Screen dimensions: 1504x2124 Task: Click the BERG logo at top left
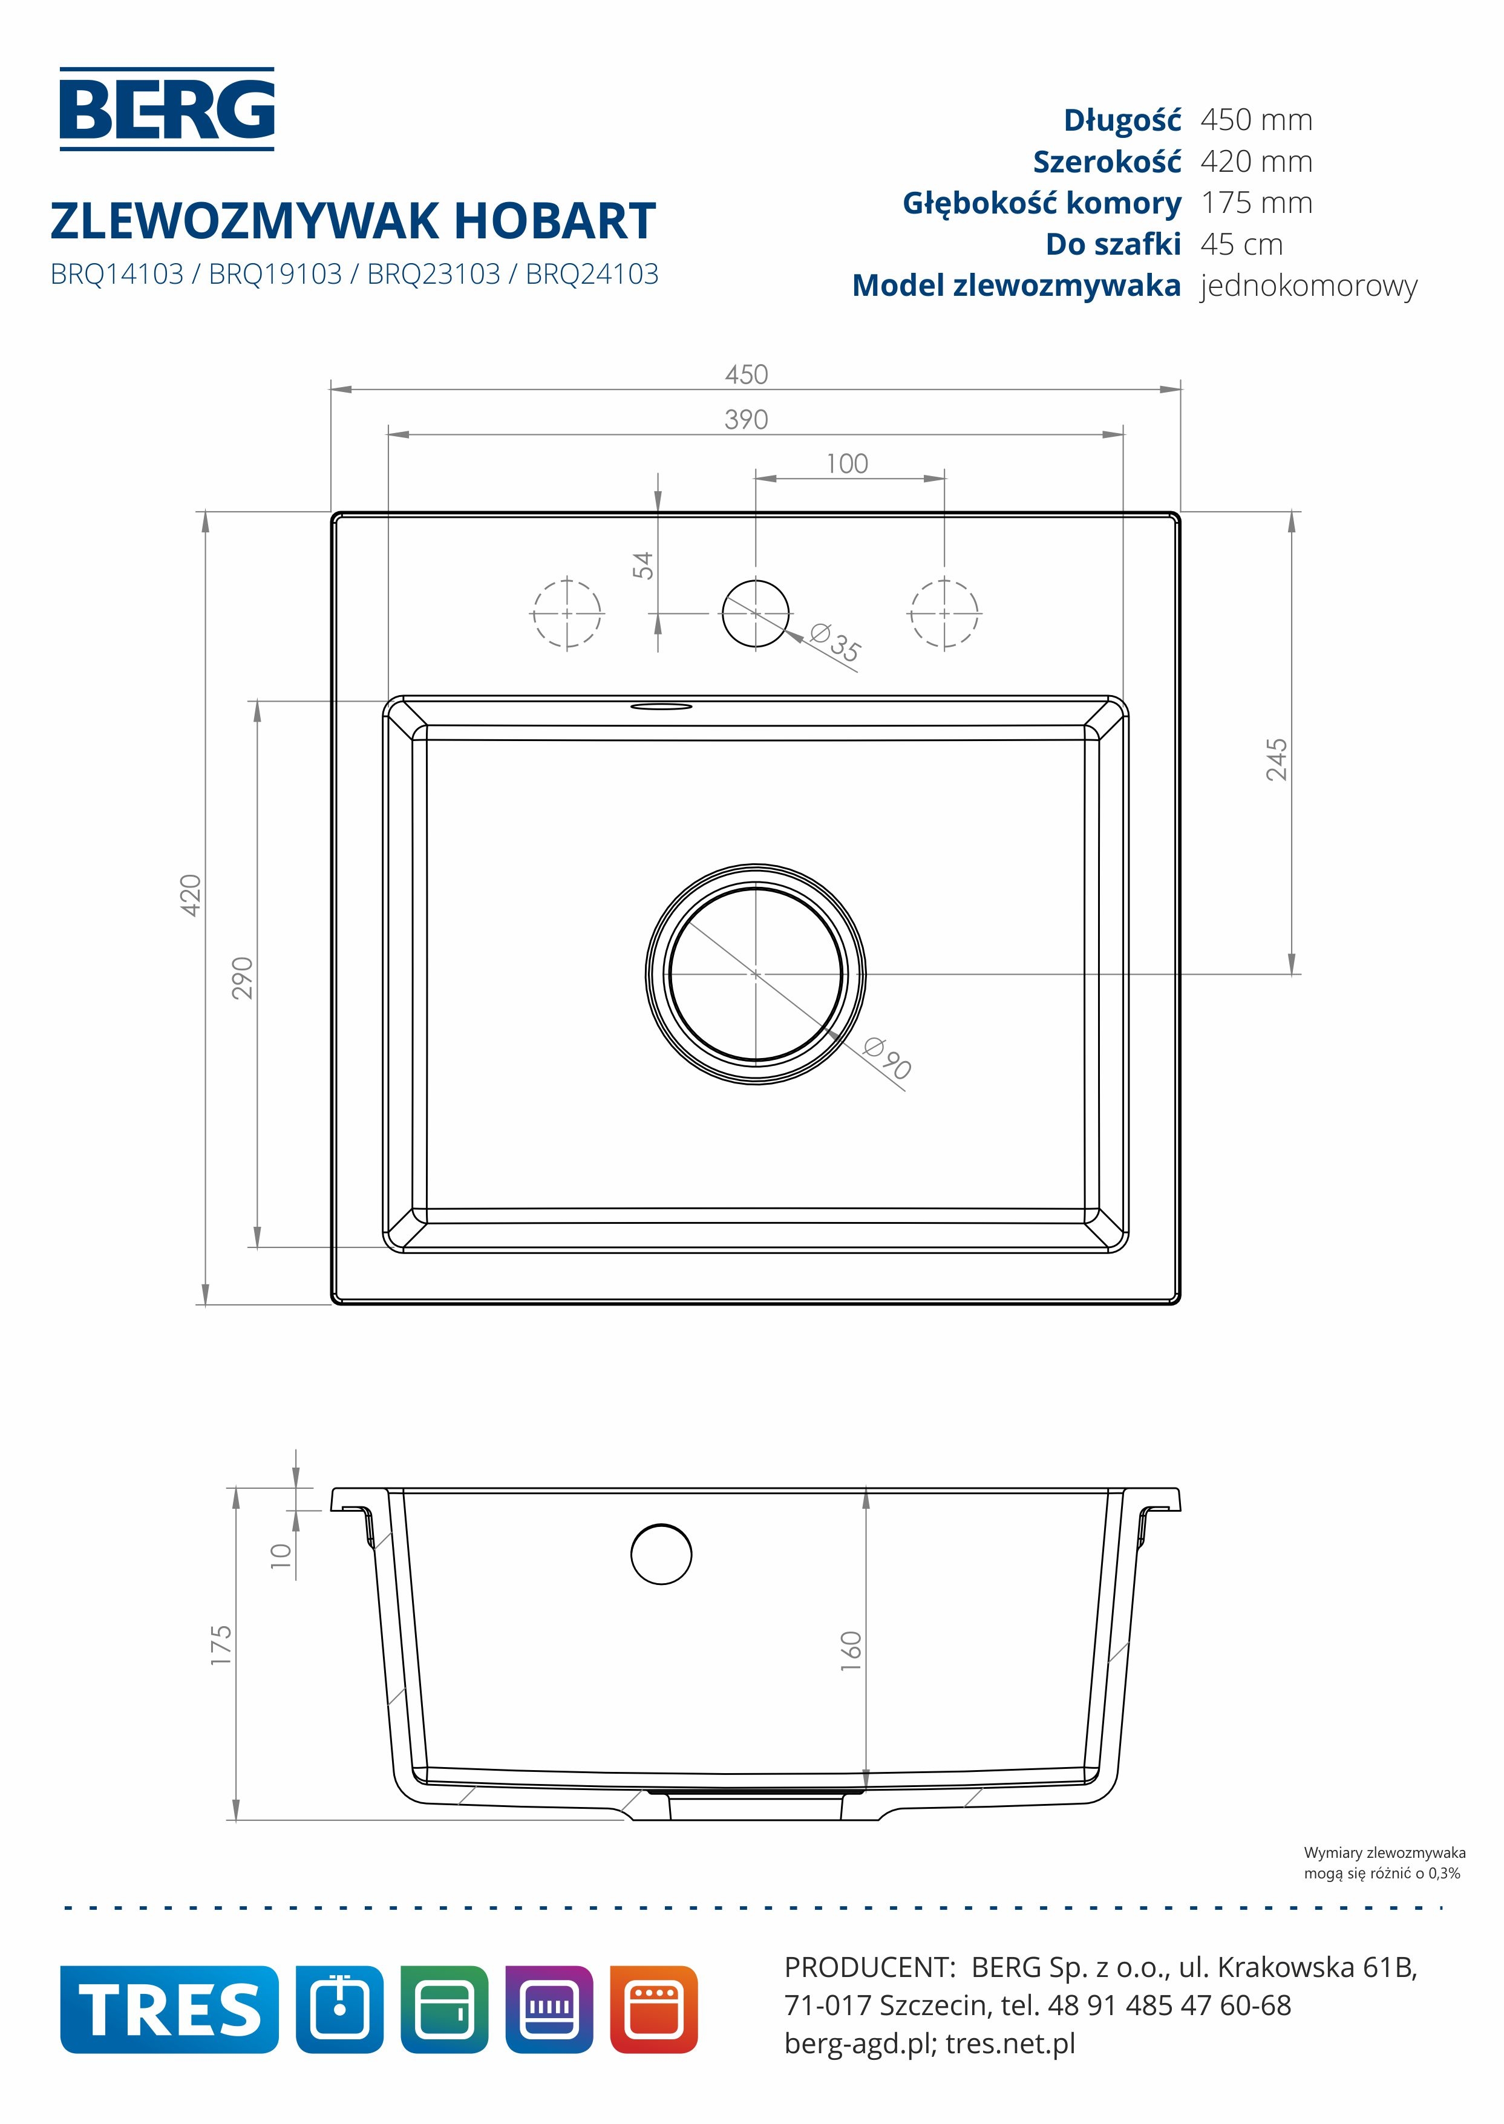coord(168,109)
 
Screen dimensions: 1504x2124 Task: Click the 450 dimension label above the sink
coord(747,375)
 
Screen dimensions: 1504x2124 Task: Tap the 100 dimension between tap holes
coord(848,464)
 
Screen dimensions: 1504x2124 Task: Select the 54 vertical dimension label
coord(642,565)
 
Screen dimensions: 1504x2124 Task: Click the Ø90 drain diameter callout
coord(887,1058)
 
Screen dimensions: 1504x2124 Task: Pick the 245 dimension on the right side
coord(1276,759)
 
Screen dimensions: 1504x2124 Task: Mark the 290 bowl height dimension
coord(242,978)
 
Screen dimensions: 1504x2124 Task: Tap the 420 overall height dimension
coord(190,895)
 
